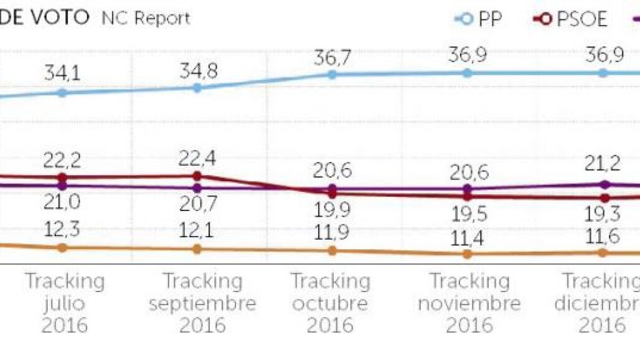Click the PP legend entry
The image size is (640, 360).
pyautogui.click(x=478, y=19)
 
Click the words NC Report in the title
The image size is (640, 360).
pyautogui.click(x=146, y=18)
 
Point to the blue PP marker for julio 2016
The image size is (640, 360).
pyautogui.click(x=62, y=93)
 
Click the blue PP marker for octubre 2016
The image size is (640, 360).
pyautogui.click(x=332, y=75)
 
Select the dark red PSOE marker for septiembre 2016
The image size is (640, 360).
pyautogui.click(x=197, y=176)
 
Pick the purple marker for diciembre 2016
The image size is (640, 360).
pyautogui.click(x=605, y=184)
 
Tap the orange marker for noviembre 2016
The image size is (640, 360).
pyautogui.click(x=468, y=254)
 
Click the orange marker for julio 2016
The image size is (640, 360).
pyautogui.click(x=62, y=248)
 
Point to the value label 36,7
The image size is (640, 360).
pyautogui.click(x=332, y=57)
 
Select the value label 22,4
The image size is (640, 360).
pyautogui.click(x=197, y=158)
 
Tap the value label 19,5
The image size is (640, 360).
pyautogui.click(x=469, y=214)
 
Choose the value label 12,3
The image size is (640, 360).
pyautogui.click(x=62, y=229)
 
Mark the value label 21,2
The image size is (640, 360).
pyautogui.click(x=603, y=164)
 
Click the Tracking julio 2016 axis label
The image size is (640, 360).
pyautogui.click(x=65, y=303)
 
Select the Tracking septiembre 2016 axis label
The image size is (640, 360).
pyautogui.click(x=202, y=303)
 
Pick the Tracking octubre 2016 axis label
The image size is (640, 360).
pyautogui.click(x=330, y=303)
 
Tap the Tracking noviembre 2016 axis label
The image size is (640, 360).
pyautogui.click(x=469, y=303)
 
